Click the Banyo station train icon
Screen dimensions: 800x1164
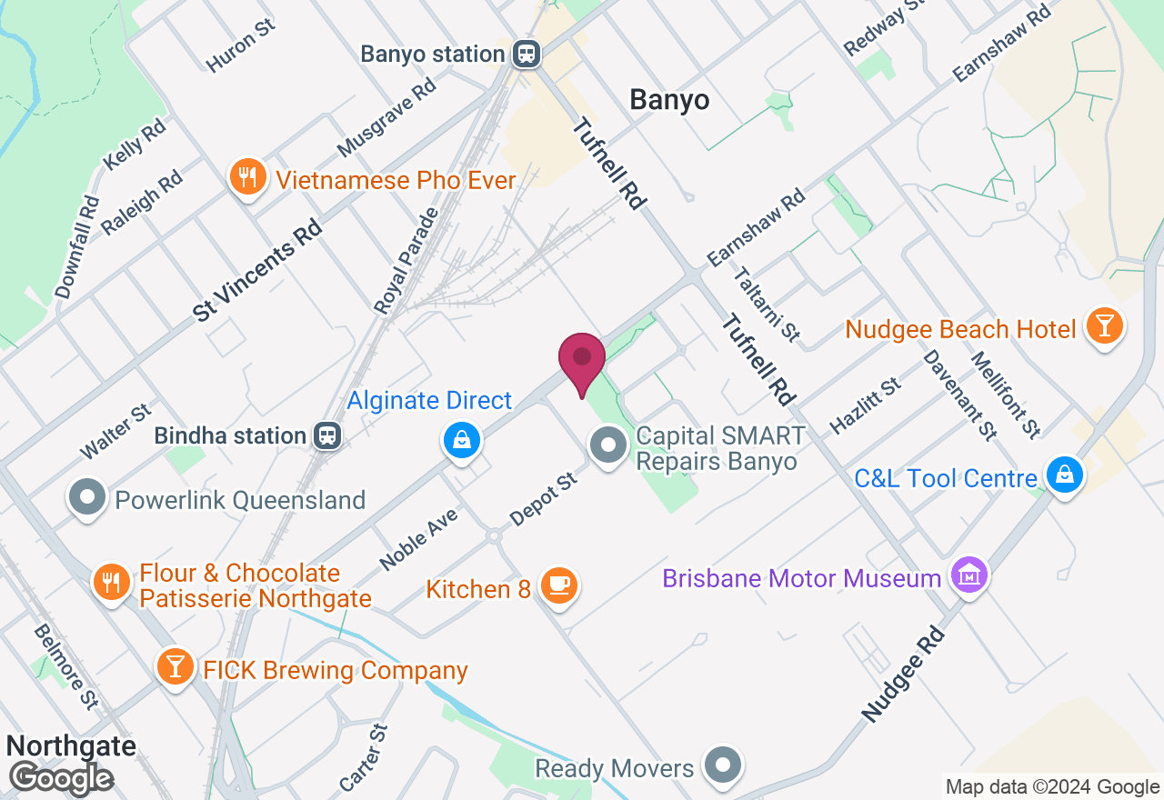pyautogui.click(x=526, y=54)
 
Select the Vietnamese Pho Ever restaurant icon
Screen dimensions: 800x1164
pyautogui.click(x=246, y=176)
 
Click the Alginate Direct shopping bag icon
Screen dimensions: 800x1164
pyautogui.click(x=462, y=441)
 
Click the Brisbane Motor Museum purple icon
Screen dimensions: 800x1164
pyautogui.click(x=969, y=575)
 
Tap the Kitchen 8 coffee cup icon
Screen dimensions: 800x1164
pyautogui.click(x=557, y=585)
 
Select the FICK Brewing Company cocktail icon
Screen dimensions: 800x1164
pyautogui.click(x=175, y=667)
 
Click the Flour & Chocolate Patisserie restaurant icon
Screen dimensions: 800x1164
pyautogui.click(x=112, y=582)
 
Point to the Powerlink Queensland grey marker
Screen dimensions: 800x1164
pyautogui.click(x=88, y=497)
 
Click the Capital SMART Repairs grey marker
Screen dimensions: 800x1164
pyautogui.click(x=609, y=445)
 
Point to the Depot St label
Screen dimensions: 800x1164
pyautogui.click(x=544, y=498)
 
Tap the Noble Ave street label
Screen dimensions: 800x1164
pyautogui.click(x=418, y=539)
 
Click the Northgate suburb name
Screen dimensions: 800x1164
pyautogui.click(x=71, y=746)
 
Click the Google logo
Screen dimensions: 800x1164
pyautogui.click(x=61, y=778)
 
